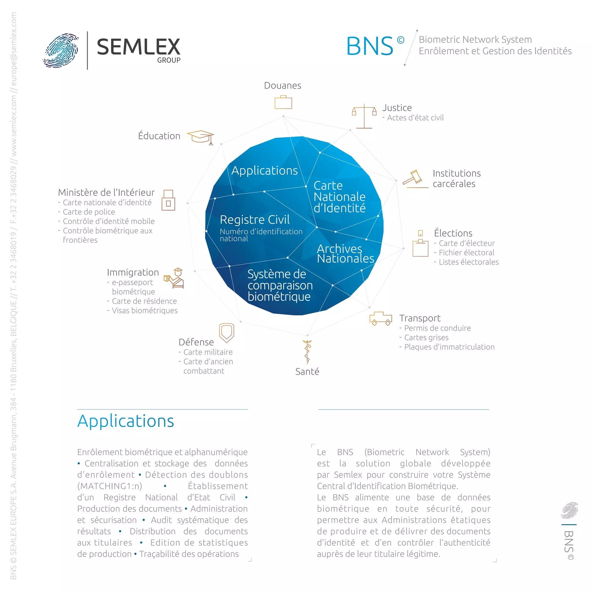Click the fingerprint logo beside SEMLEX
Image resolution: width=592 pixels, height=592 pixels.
point(61,50)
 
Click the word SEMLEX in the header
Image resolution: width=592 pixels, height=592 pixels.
point(138,47)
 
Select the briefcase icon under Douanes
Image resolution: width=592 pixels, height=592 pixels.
point(283,102)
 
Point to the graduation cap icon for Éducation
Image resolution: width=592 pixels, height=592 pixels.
point(201,137)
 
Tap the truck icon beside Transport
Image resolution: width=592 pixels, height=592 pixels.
point(381,318)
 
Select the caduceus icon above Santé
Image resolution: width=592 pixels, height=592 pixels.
point(307,351)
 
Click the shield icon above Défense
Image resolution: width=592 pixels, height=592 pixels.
point(226,332)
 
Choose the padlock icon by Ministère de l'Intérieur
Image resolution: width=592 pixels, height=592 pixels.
point(168,200)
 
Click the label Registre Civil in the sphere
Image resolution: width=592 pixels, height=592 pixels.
point(255,220)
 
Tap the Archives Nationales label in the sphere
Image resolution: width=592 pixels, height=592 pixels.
point(345,254)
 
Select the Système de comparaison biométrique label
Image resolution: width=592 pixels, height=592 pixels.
point(280,285)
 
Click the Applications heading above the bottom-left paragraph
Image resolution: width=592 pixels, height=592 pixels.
point(126,421)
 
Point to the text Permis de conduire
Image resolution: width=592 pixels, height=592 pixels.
point(437,328)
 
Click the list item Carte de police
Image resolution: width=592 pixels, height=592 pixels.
point(89,212)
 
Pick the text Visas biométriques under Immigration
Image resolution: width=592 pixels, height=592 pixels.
point(145,310)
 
